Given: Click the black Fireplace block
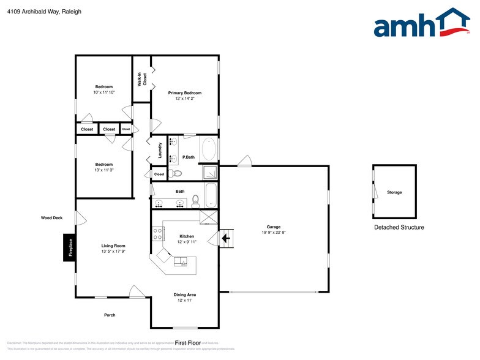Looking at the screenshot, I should coord(69,247).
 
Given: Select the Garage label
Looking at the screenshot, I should coord(273,227).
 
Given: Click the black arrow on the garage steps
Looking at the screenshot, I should coord(225,237).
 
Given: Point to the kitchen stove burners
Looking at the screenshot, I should coord(157,233).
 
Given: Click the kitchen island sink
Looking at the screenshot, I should coord(181,262).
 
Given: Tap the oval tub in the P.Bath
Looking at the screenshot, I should coord(208,149).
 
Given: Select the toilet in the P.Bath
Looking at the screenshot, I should coord(177,174).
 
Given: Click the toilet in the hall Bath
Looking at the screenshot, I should coord(196,200).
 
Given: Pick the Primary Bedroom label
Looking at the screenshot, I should coord(185,93).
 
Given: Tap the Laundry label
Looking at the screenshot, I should coord(160,151).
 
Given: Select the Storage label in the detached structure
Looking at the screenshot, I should coord(394,192).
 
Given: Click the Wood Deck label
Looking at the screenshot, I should coord(52,217).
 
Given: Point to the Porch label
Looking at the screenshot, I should coord(109,315).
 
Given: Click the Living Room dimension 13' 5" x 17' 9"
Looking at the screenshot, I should coord(113,251).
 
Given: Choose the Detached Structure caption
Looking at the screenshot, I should coord(399,227).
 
